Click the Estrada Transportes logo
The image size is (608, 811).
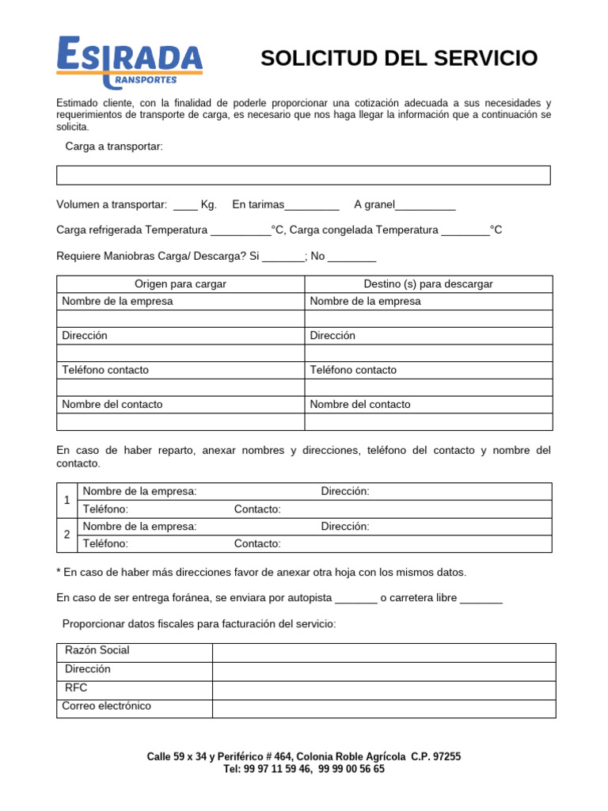pyautogui.click(x=129, y=61)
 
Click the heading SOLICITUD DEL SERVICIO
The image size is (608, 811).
pyautogui.click(x=399, y=59)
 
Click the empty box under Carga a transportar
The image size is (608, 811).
pyautogui.click(x=303, y=175)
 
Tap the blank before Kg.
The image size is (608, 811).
pyautogui.click(x=185, y=205)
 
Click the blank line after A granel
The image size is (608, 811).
pyautogui.click(x=425, y=205)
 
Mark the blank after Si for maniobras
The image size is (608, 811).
pyautogui.click(x=283, y=256)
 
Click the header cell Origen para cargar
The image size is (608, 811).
pyautogui.click(x=180, y=284)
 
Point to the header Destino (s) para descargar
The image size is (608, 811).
pyautogui.click(x=428, y=284)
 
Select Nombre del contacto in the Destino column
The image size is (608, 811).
pyautogui.click(x=360, y=405)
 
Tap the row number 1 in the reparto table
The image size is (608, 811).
pyautogui.click(x=67, y=501)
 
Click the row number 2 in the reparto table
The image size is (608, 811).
pyautogui.click(x=67, y=535)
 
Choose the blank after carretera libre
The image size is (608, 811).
pyautogui.click(x=481, y=598)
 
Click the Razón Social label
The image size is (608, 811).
pyautogui.click(x=97, y=650)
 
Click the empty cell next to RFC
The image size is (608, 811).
pyautogui.click(x=384, y=688)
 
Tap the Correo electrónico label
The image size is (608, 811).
pyautogui.click(x=107, y=706)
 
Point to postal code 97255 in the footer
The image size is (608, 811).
pyautogui.click(x=443, y=757)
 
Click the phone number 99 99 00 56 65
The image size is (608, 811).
pyautogui.click(x=351, y=769)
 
